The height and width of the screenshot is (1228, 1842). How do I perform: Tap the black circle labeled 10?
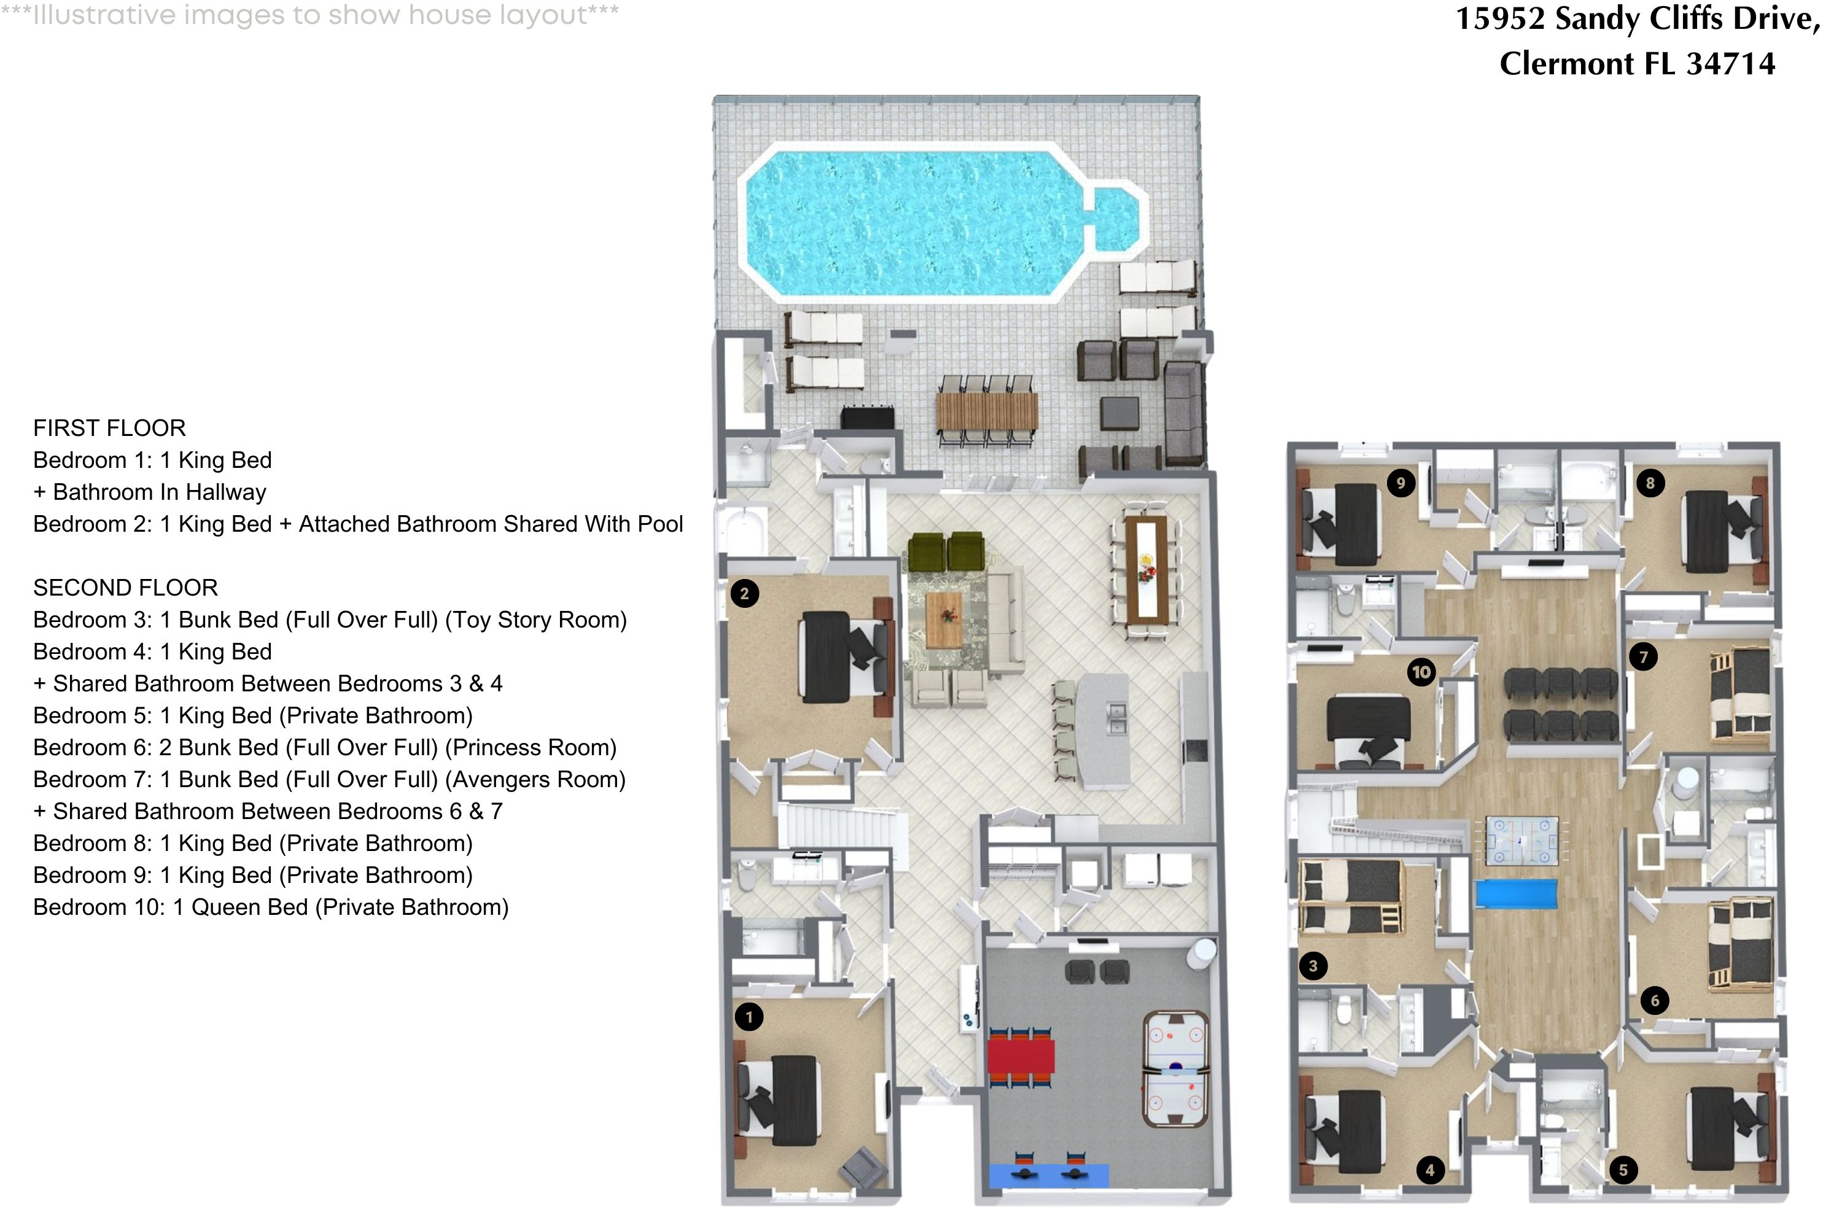tap(1421, 671)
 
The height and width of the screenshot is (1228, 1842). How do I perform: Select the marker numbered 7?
tap(1643, 656)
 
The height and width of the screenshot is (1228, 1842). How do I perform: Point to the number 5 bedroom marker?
tap(1623, 1170)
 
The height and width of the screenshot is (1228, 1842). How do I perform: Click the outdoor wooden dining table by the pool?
tap(987, 410)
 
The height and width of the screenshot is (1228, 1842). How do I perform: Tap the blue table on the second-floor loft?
tap(1515, 893)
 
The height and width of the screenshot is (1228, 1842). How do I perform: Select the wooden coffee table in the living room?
tap(944, 619)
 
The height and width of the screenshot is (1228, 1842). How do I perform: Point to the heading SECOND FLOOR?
tap(125, 588)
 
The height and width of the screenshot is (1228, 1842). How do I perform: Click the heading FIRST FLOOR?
tap(110, 427)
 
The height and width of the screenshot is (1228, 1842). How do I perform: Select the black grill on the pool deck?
tap(867, 417)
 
